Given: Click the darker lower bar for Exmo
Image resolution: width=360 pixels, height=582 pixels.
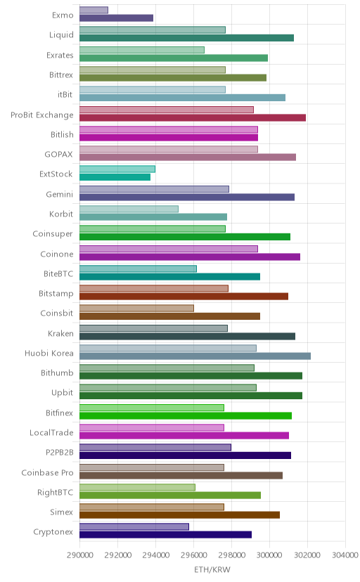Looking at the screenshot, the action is [x=116, y=18].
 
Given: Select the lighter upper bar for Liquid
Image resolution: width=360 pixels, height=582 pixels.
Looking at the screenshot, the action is [x=152, y=30].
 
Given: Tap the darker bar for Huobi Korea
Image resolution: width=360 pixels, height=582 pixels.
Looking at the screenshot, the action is [x=195, y=356].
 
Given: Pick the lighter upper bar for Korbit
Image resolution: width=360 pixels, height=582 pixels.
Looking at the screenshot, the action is [x=129, y=209].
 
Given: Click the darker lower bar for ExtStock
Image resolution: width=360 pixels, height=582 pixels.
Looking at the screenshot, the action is [x=115, y=177].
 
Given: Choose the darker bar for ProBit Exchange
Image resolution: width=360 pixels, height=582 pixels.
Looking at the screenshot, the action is [x=193, y=117].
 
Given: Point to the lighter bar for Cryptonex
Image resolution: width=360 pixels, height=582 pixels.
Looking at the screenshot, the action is [x=134, y=526].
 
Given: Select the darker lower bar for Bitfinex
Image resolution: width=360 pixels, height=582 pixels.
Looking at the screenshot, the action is [x=186, y=415].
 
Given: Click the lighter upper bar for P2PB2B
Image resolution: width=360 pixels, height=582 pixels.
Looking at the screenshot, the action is [x=155, y=447].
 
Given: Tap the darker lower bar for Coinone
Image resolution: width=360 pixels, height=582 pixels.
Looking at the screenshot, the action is [x=190, y=257].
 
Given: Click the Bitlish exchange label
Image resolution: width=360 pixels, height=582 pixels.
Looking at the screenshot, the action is [x=62, y=134].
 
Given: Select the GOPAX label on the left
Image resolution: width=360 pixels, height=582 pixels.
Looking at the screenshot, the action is [x=58, y=155].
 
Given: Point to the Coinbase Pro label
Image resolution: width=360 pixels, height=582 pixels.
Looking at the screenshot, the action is [x=48, y=472].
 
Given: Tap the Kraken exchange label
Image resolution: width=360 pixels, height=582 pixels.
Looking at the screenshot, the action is [x=60, y=333].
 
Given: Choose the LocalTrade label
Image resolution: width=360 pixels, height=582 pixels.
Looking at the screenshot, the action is [x=51, y=433].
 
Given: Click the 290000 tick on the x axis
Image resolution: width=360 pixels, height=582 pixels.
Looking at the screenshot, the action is [x=79, y=555].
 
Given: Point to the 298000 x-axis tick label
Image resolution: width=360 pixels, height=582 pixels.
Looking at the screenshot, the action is [x=231, y=555].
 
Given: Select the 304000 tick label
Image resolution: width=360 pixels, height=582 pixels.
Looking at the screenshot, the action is [x=345, y=555].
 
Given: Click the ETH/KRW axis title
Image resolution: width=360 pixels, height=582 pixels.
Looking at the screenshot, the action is [x=212, y=570].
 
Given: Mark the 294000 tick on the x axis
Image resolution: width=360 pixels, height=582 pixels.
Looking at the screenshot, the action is [x=155, y=555].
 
